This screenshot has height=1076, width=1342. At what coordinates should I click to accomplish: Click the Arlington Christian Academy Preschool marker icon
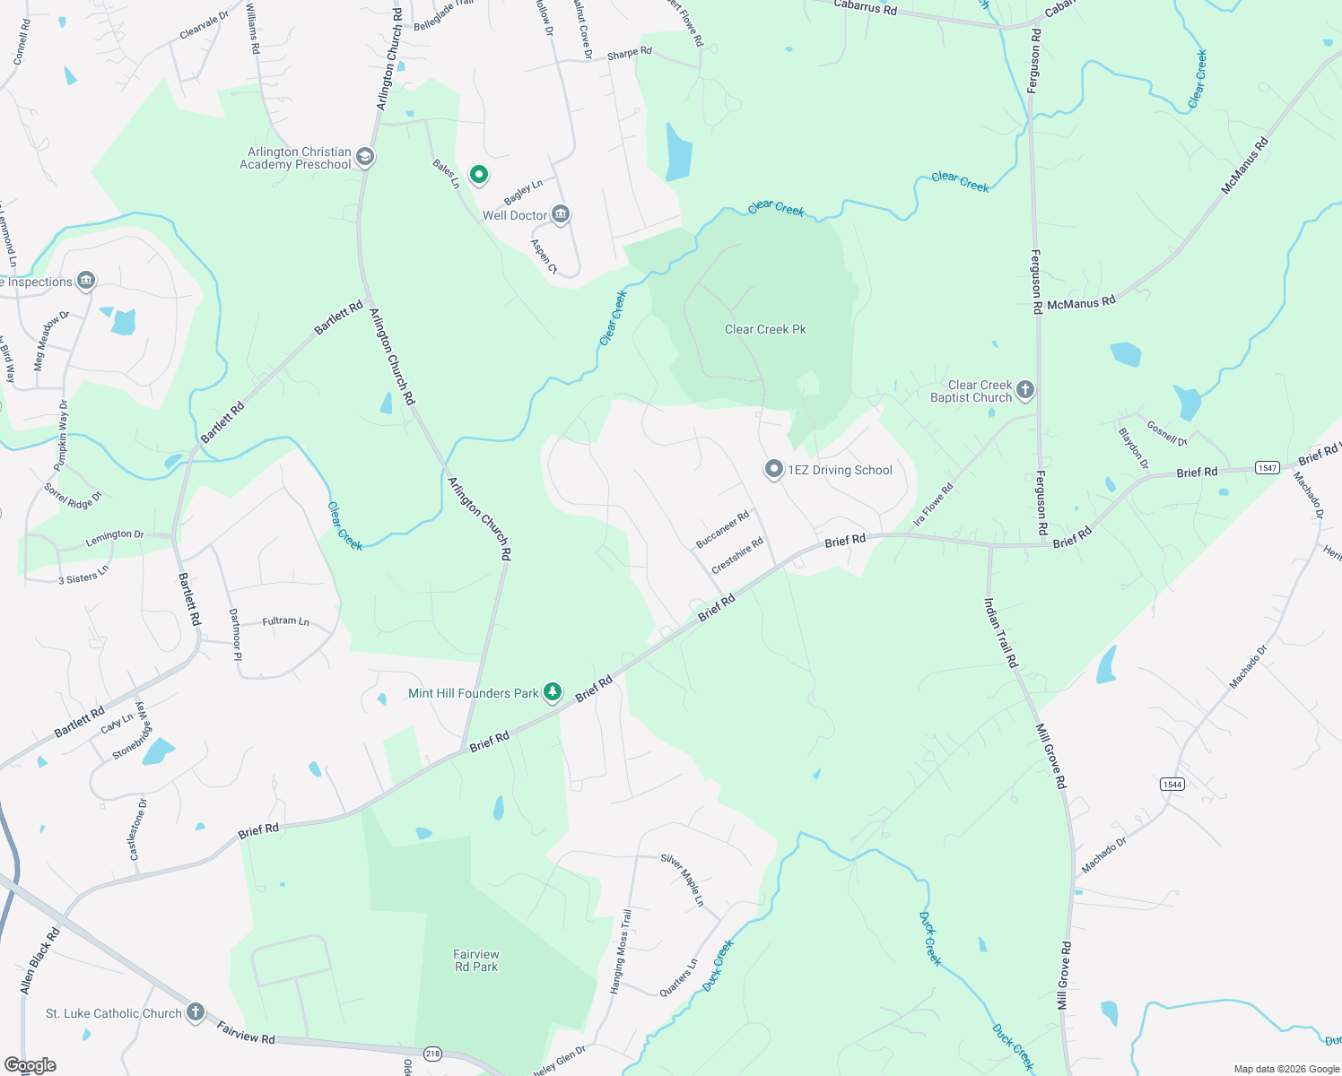365,157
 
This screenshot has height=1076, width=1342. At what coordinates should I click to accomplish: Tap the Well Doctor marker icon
561,214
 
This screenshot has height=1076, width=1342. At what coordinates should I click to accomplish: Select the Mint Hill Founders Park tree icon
553,692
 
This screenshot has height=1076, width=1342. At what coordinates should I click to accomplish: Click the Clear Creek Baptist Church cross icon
1025,390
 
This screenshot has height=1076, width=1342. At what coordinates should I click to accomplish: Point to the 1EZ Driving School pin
773,469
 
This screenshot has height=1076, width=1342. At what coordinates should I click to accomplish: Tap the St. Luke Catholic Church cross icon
196,1012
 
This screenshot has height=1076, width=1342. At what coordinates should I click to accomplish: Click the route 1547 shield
1267,467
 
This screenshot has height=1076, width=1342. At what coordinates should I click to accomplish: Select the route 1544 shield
1172,784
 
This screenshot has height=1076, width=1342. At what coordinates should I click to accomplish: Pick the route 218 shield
433,1054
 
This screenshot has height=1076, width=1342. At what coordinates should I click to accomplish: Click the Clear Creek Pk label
765,329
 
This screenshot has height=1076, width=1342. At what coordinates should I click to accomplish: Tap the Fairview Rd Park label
476,960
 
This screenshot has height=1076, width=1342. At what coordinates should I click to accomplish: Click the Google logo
30,1064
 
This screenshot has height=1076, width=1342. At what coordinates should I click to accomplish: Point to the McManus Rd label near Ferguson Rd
1081,303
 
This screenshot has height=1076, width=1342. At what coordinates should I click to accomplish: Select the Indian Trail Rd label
1001,632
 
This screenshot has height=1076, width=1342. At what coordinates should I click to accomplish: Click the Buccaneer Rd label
722,530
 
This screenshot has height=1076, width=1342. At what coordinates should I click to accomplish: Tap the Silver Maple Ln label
683,880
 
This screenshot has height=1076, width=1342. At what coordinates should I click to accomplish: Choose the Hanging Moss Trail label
621,950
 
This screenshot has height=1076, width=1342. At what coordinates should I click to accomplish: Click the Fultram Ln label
285,620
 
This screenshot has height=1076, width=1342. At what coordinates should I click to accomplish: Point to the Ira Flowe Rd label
933,506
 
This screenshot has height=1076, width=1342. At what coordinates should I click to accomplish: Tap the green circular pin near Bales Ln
479,174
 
